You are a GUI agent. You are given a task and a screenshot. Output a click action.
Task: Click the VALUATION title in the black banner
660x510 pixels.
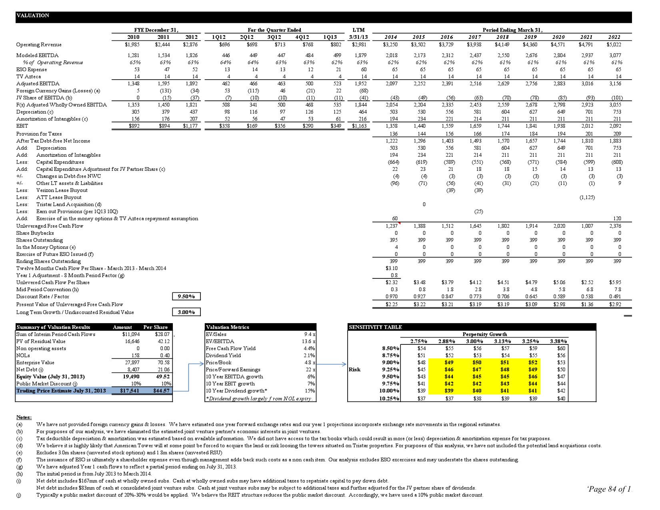click(33, 16)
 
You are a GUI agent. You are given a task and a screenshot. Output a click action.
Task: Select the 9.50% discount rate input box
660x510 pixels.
click(186, 296)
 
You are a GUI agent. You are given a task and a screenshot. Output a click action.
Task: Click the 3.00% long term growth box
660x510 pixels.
click(186, 312)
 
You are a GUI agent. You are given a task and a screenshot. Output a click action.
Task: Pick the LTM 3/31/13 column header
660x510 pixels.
click(358, 34)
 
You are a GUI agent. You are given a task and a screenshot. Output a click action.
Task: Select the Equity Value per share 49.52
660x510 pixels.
click(163, 377)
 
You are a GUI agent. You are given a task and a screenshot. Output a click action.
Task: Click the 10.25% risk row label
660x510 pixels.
click(389, 398)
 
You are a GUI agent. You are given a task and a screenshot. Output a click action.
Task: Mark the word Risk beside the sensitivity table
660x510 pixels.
click(354, 370)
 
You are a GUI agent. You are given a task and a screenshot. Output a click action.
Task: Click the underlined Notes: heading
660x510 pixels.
click(24, 418)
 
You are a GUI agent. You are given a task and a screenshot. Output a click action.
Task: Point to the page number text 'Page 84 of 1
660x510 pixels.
click(609, 489)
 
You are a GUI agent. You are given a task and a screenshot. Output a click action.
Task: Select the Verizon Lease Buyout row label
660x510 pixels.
click(62, 190)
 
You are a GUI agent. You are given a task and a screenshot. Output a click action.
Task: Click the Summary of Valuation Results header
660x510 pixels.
click(53, 327)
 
